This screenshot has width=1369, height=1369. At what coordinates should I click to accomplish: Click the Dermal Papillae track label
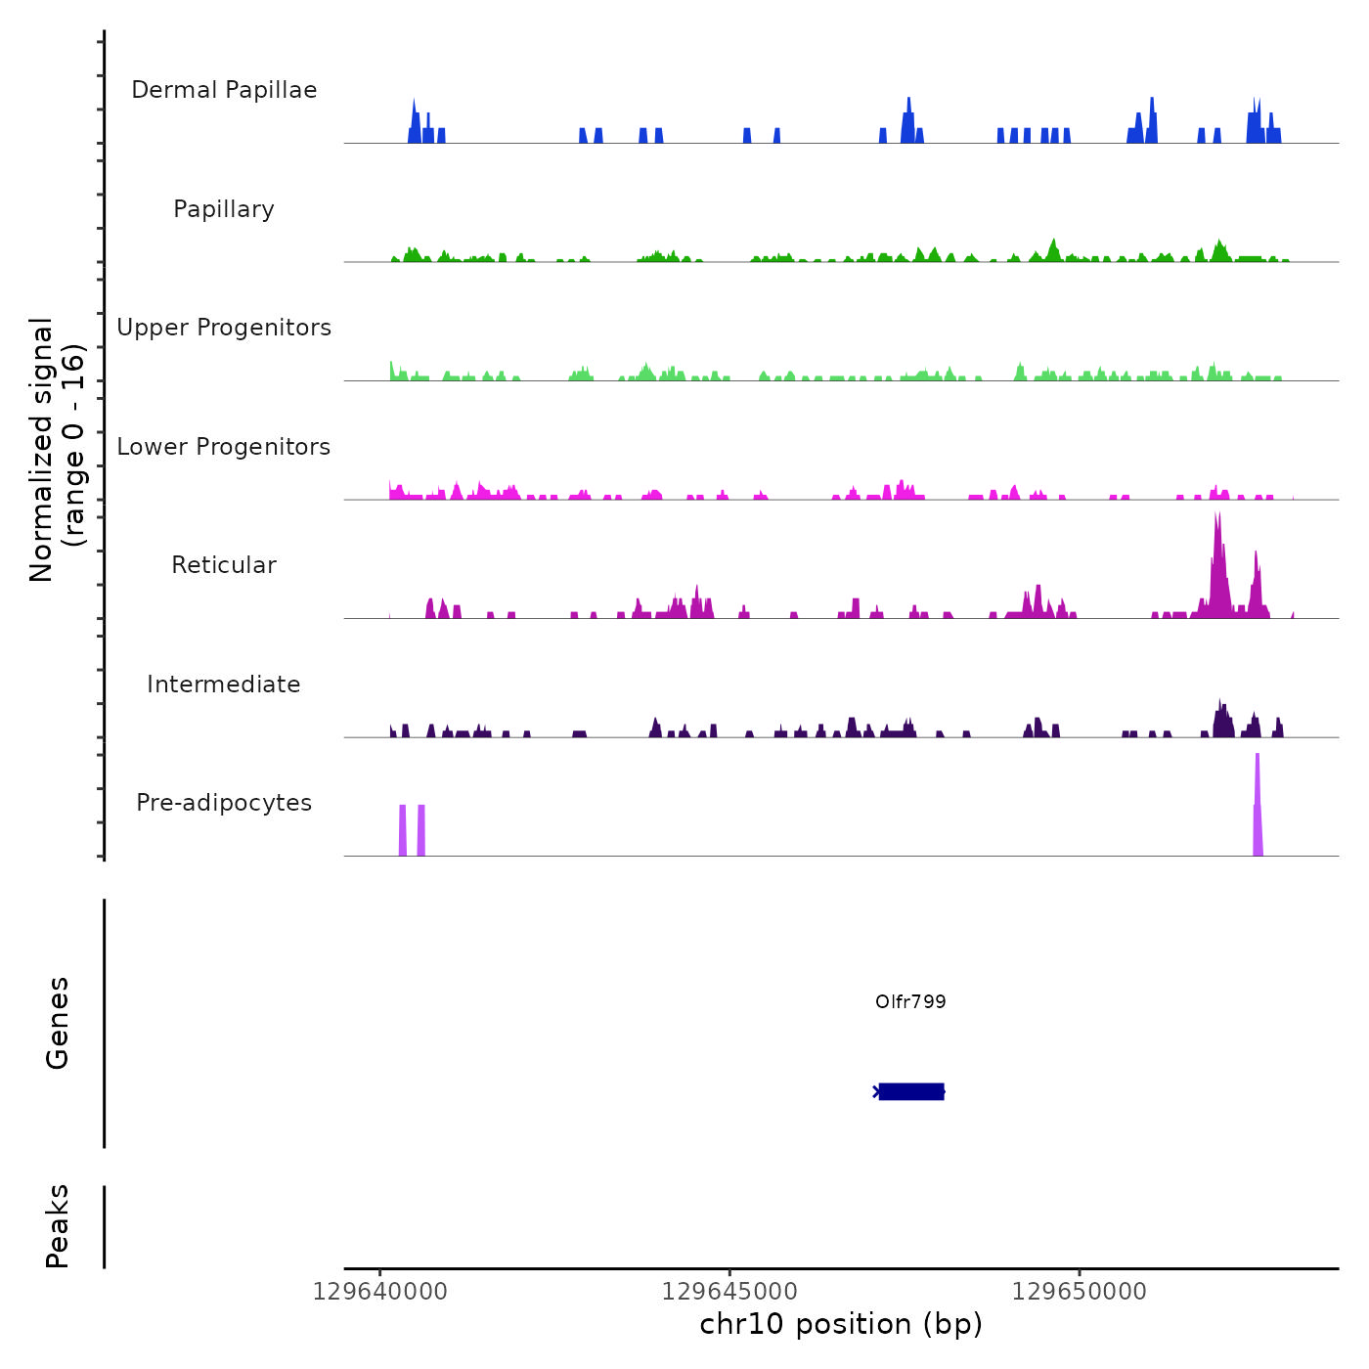click(224, 90)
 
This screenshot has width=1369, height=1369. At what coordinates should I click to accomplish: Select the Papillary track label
click(224, 209)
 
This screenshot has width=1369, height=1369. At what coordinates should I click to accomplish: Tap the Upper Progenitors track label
click(224, 328)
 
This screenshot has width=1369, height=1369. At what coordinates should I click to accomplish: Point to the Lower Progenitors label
click(224, 447)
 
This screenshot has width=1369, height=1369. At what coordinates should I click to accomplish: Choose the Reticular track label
click(224, 565)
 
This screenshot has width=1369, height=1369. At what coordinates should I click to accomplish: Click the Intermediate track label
click(224, 684)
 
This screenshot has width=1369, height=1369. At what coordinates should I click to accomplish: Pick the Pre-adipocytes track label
click(224, 803)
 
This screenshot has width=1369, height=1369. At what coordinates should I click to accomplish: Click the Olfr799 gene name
click(910, 1001)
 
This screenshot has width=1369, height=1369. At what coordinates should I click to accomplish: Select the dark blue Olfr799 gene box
click(911, 1091)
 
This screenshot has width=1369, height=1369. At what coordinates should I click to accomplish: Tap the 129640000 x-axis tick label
click(380, 1292)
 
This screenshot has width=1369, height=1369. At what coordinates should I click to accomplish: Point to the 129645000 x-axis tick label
click(729, 1292)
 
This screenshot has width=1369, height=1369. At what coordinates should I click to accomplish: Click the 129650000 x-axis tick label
click(1080, 1292)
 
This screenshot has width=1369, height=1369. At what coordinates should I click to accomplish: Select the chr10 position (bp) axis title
click(841, 1324)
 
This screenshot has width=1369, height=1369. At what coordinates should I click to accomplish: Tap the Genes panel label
click(58, 1022)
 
